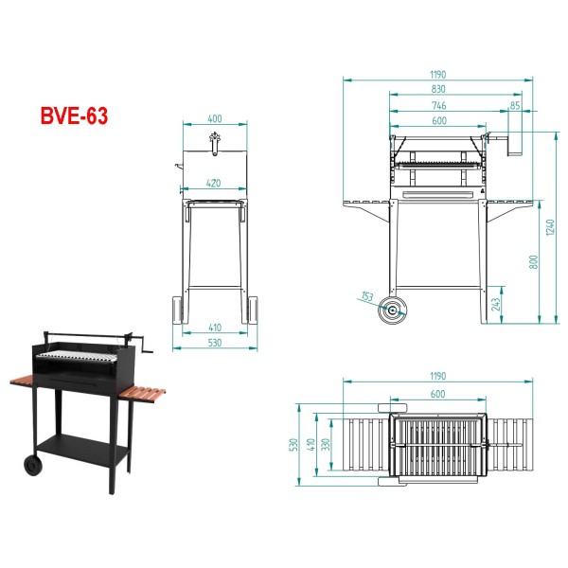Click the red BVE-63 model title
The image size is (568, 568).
[74, 115]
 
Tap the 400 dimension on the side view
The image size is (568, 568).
[215, 119]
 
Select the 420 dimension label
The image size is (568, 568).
[213, 184]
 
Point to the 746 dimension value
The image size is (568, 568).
[439, 106]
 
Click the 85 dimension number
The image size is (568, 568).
[515, 105]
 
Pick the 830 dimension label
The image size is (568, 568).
[438, 89]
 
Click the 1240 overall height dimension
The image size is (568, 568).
[550, 227]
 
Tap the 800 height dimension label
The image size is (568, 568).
[534, 262]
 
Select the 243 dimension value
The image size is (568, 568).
[495, 304]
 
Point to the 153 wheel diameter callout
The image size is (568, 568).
[367, 296]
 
